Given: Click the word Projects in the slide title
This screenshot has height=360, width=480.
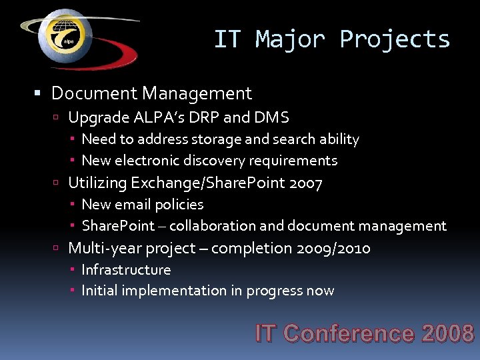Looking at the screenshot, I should pos(395,39).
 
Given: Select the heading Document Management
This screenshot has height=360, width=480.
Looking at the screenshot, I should pos(151,93).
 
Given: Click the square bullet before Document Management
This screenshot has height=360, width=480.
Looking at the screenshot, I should pos(42,93).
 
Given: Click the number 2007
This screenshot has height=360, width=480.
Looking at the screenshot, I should pos(306,183).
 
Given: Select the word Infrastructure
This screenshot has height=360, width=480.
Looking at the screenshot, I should pos(126,270).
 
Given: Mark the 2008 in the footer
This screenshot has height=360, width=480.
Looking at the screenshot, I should pos(447,333).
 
